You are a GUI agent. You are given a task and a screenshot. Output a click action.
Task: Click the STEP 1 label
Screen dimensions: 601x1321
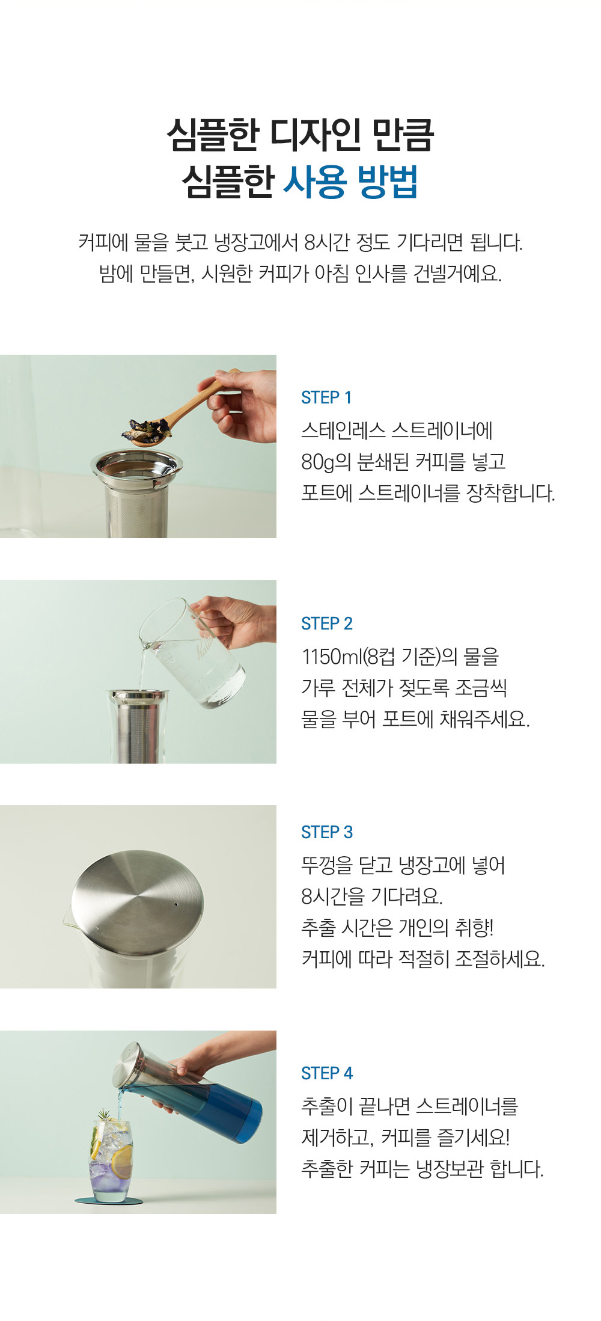(326, 397)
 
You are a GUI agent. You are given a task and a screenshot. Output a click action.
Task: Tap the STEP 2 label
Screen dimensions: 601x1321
(327, 624)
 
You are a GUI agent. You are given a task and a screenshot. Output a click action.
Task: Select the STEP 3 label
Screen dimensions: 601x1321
(327, 832)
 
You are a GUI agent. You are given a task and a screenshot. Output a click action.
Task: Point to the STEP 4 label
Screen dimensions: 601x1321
(327, 1073)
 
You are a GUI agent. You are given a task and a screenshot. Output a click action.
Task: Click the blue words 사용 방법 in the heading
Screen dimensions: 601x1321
(350, 182)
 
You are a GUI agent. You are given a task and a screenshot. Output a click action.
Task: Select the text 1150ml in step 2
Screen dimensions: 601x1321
(331, 657)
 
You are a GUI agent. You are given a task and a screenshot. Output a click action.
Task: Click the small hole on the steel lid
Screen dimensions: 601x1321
(175, 904)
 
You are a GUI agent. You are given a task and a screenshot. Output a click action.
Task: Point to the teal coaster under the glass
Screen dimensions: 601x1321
(109, 1201)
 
